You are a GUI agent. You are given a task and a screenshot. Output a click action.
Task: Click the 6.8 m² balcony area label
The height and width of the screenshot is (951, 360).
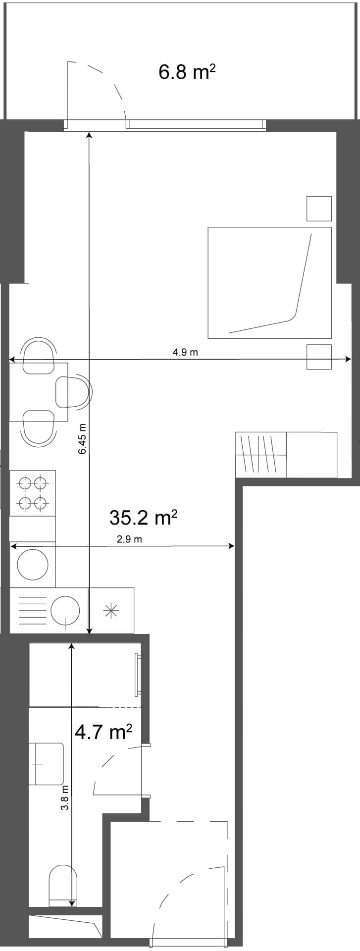coord(187,72)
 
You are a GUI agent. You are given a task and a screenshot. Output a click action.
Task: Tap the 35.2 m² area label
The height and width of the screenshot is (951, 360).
coord(143,518)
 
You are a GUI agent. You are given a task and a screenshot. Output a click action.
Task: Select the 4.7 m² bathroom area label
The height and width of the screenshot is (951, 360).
coord(103,731)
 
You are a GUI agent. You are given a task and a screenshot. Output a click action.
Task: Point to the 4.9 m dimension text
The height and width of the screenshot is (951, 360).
coord(185,352)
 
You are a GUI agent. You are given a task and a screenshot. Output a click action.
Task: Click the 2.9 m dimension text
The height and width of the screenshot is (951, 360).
coord(129,539)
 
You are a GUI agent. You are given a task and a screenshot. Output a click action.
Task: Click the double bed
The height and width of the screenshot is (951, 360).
coord(269,283)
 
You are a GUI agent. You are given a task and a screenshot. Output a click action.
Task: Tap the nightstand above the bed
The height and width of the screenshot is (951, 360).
coord(319,209)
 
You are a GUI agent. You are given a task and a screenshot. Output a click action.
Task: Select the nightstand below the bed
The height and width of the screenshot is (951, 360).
coord(319,357)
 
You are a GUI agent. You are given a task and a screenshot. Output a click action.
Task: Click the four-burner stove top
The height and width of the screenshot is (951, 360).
coord(33,493)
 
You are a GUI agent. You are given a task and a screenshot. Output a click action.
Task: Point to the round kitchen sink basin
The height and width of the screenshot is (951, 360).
coord(65,610)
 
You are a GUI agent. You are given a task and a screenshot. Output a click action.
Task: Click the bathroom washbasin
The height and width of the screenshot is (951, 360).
coord(47,763)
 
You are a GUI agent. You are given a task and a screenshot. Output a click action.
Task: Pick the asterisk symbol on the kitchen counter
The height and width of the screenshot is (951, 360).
coord(111,611)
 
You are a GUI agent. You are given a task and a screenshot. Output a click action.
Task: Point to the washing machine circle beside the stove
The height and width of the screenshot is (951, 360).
coord(33,564)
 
